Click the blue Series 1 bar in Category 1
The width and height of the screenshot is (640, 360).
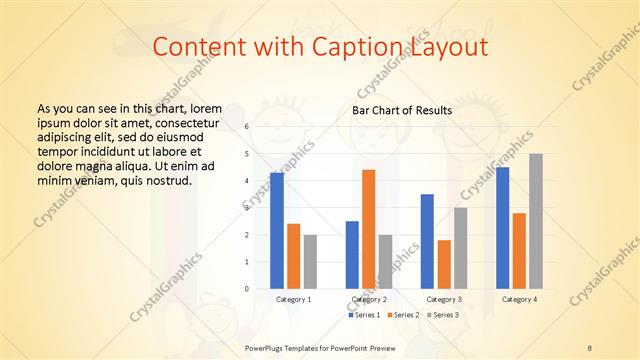click(x=277, y=231)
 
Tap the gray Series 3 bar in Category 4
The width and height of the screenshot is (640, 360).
click(x=536, y=222)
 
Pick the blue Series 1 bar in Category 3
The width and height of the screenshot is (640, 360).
click(x=427, y=242)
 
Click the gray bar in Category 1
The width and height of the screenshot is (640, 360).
click(x=310, y=262)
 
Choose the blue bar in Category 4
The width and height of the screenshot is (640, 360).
click(x=502, y=228)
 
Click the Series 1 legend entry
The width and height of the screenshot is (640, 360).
click(x=365, y=315)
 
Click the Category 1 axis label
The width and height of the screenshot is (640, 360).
click(x=294, y=299)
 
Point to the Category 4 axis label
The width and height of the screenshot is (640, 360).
click(x=519, y=299)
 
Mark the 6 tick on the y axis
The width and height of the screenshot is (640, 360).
click(x=247, y=127)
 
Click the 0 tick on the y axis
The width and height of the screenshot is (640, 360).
click(x=247, y=289)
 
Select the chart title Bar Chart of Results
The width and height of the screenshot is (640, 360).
click(x=402, y=110)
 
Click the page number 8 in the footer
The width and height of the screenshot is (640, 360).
click(x=590, y=347)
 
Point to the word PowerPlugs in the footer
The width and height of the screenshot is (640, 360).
click(x=265, y=347)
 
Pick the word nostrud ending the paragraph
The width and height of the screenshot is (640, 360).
click(x=168, y=180)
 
